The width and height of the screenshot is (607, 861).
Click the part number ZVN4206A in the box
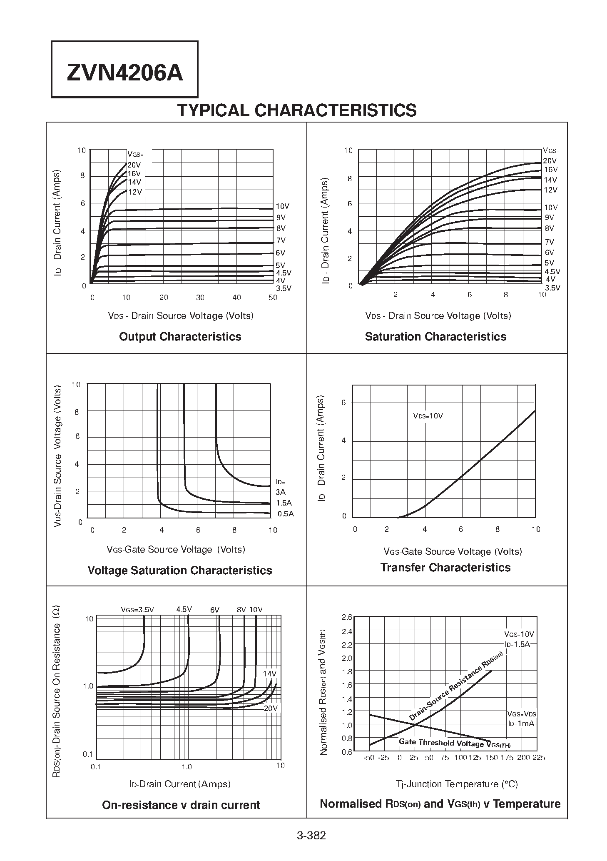point(124,73)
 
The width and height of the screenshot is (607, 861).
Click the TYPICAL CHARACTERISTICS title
point(297,110)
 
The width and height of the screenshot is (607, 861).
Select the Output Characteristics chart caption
point(180,337)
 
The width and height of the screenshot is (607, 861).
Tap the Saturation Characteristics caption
point(435,337)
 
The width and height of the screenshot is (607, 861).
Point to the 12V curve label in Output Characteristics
point(135,192)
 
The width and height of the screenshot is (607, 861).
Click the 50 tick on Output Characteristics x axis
point(273,298)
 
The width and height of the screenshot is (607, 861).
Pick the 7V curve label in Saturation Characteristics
point(550,242)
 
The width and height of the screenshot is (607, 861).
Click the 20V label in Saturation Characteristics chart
point(550,161)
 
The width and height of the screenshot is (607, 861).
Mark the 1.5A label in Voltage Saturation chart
point(284,503)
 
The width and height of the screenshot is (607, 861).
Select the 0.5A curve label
point(286,514)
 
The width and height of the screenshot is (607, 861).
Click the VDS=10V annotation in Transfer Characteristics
point(428,416)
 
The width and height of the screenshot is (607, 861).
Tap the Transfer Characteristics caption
point(445,568)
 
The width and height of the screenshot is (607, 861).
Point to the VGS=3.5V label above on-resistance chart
point(137,610)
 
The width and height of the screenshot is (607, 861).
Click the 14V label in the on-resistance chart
point(269,674)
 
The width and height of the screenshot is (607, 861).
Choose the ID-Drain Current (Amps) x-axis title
point(180,784)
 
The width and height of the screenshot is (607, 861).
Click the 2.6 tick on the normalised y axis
point(347,617)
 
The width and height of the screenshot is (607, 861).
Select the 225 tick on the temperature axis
point(539,757)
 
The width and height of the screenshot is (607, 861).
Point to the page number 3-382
point(311,836)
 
